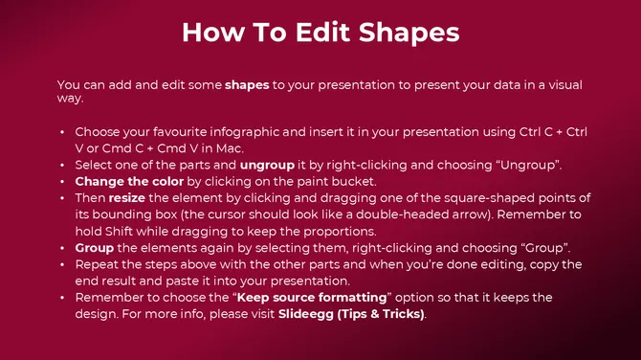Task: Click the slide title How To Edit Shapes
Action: (320, 33)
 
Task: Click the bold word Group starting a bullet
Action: (96, 246)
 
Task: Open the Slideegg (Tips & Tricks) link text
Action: (352, 313)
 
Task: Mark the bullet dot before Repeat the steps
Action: (62, 263)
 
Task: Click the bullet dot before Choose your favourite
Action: (62, 131)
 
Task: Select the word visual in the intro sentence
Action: (556, 85)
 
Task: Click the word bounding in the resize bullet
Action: (127, 214)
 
